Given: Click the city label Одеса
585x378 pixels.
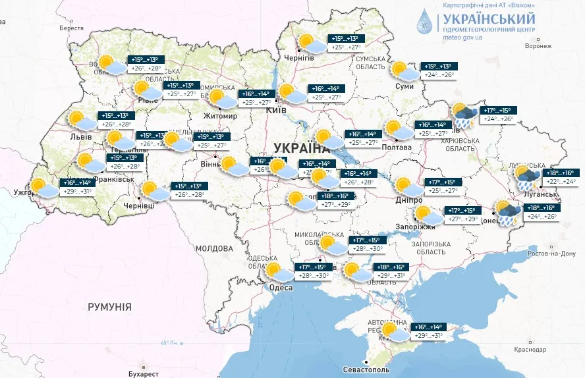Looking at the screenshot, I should pyautogui.click(x=281, y=287).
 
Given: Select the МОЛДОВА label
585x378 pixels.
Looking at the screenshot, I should pyautogui.click(x=214, y=248).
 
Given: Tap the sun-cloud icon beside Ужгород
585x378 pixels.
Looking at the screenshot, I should pyautogui.click(x=43, y=188).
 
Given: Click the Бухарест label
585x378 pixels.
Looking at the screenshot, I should pyautogui.click(x=143, y=373).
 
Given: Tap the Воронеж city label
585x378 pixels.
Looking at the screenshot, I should pyautogui.click(x=538, y=46).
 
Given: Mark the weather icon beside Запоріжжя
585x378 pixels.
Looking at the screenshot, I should pyautogui.click(x=428, y=215).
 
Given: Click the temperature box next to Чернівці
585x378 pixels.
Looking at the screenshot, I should pyautogui.click(x=189, y=190).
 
